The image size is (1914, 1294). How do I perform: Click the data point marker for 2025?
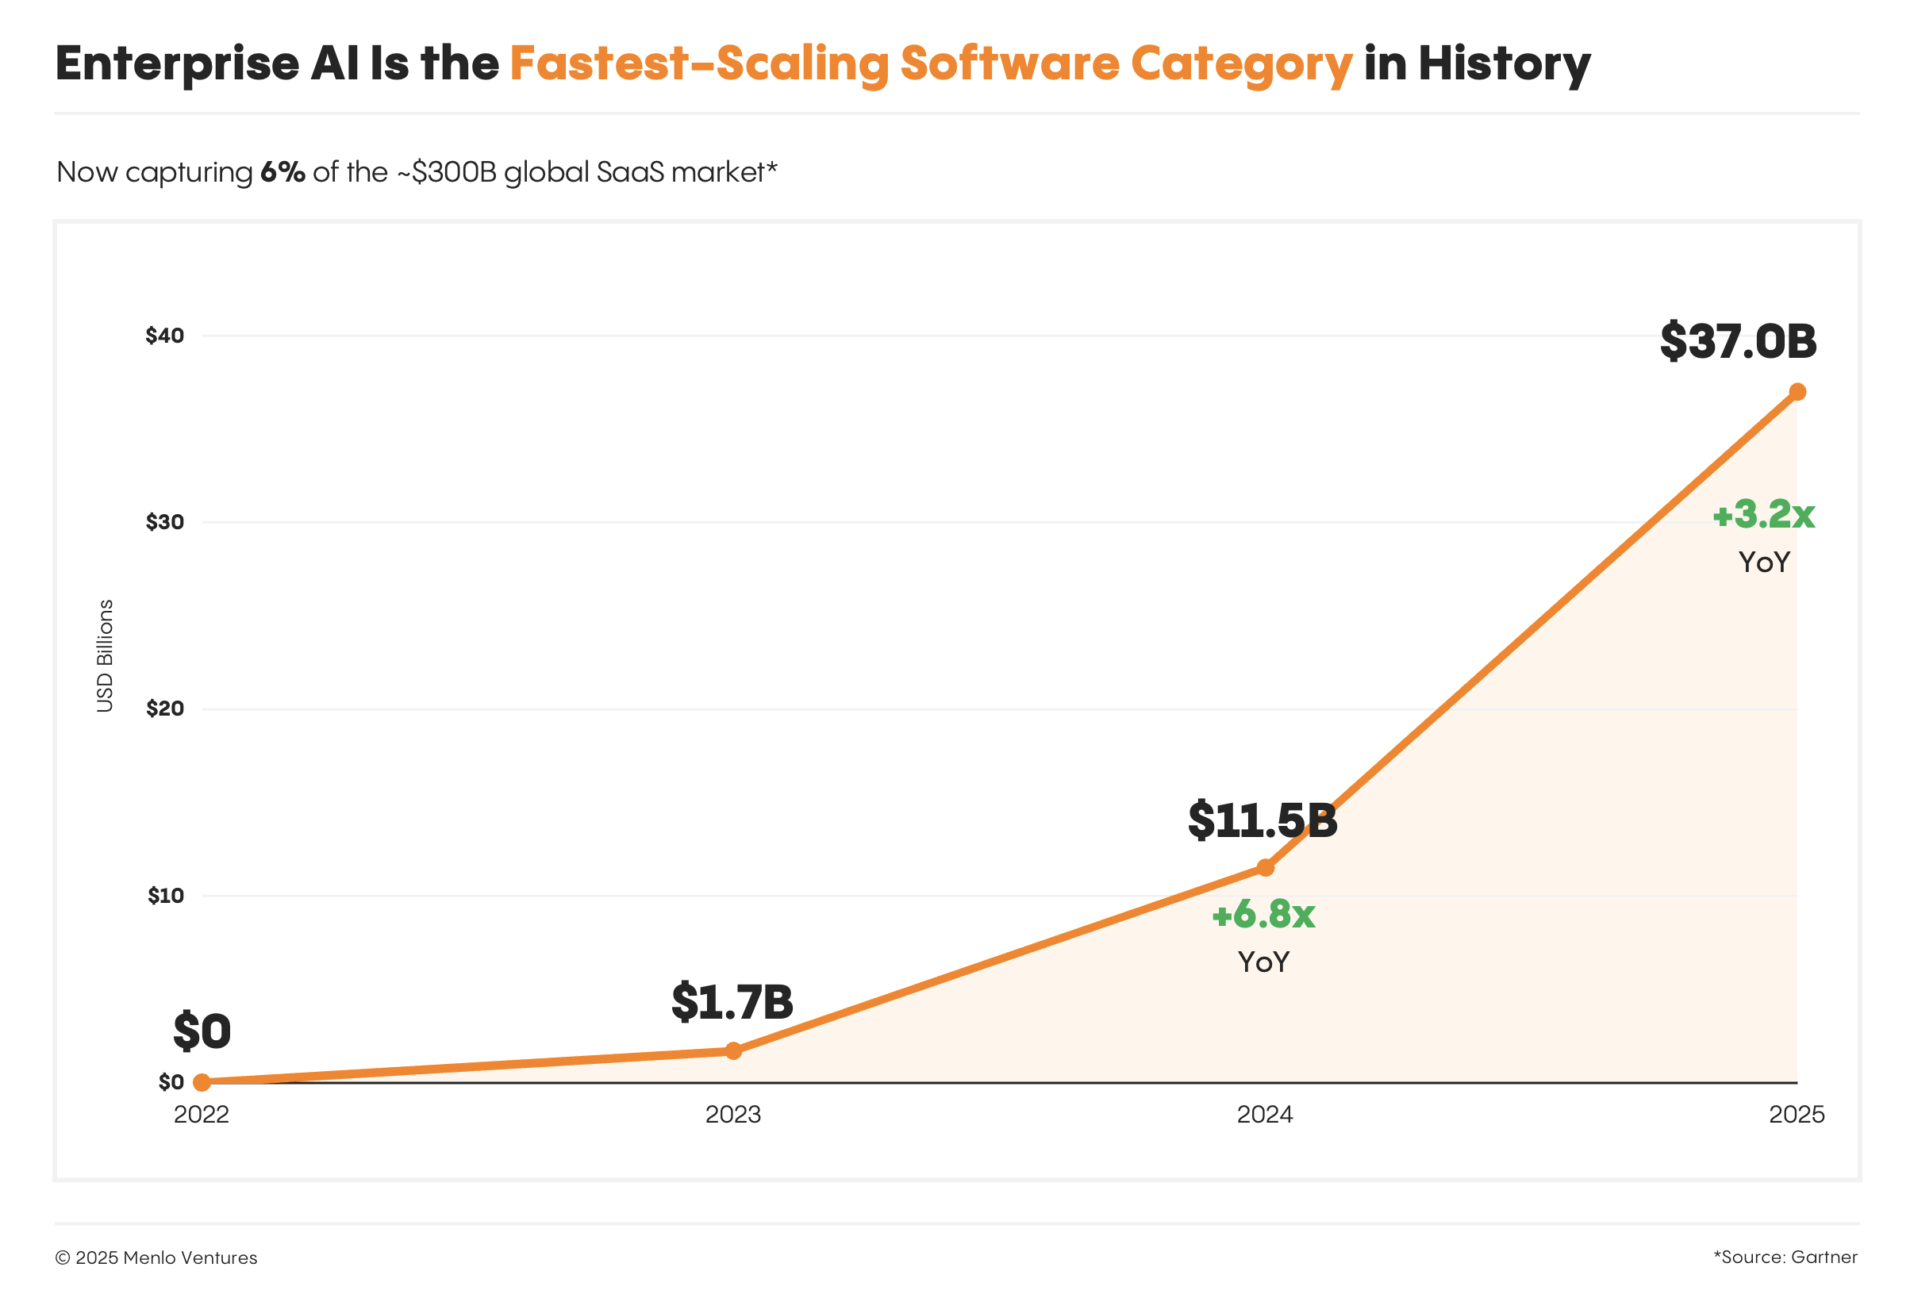coord(1797,392)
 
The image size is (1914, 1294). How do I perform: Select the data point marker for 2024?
coord(1265,867)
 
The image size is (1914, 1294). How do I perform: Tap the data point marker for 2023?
coord(733,1050)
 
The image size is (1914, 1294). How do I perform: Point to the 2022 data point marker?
coord(202,1081)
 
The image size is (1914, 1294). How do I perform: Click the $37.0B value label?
coord(1738,341)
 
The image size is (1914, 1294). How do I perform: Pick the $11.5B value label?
coord(1262,820)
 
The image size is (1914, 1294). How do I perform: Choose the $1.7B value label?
coord(732,1001)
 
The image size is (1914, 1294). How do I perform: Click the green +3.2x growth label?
coord(1763,515)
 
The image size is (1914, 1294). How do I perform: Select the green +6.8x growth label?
coord(1263,914)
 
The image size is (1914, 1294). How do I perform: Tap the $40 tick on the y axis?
coord(165,336)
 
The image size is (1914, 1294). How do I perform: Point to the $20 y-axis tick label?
coord(165,708)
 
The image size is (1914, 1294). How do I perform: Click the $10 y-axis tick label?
coord(166,896)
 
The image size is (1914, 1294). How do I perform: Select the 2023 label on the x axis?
coord(733,1115)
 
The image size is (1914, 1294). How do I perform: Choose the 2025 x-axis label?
coord(1797,1115)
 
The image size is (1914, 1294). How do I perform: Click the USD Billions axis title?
coord(105,655)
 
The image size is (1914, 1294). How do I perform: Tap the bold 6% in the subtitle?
coord(282,172)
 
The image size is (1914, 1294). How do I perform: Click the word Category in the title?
coord(1241,64)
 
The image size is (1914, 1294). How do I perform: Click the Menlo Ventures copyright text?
coord(156,1258)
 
